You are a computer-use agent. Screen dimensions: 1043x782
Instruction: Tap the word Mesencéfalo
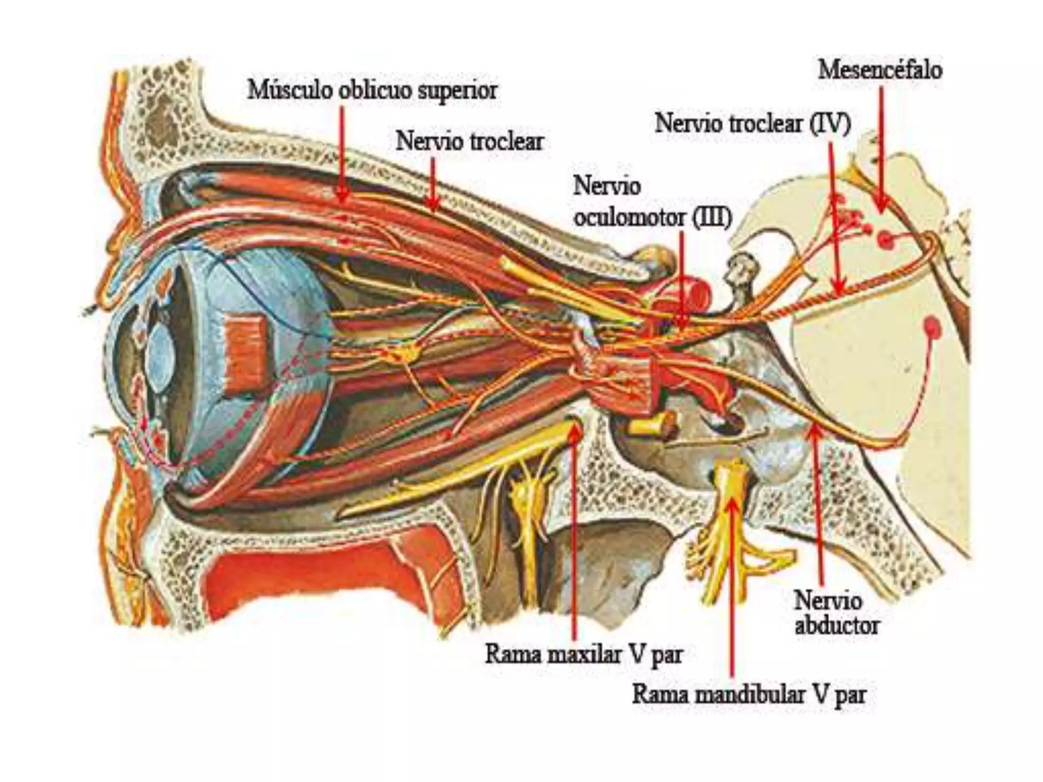(x=880, y=69)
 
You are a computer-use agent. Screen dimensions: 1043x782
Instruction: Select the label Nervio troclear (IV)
(x=753, y=123)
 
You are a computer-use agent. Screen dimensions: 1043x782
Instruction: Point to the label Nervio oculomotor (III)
(x=652, y=202)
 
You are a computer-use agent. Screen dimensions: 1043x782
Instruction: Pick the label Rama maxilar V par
(x=584, y=654)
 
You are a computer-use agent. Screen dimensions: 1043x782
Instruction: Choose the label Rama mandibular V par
(x=749, y=694)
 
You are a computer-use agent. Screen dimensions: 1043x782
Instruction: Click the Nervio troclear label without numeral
(x=470, y=141)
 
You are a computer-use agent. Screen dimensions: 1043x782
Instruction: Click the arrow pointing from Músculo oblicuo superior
(x=342, y=153)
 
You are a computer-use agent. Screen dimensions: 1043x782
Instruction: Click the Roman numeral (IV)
(x=830, y=124)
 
